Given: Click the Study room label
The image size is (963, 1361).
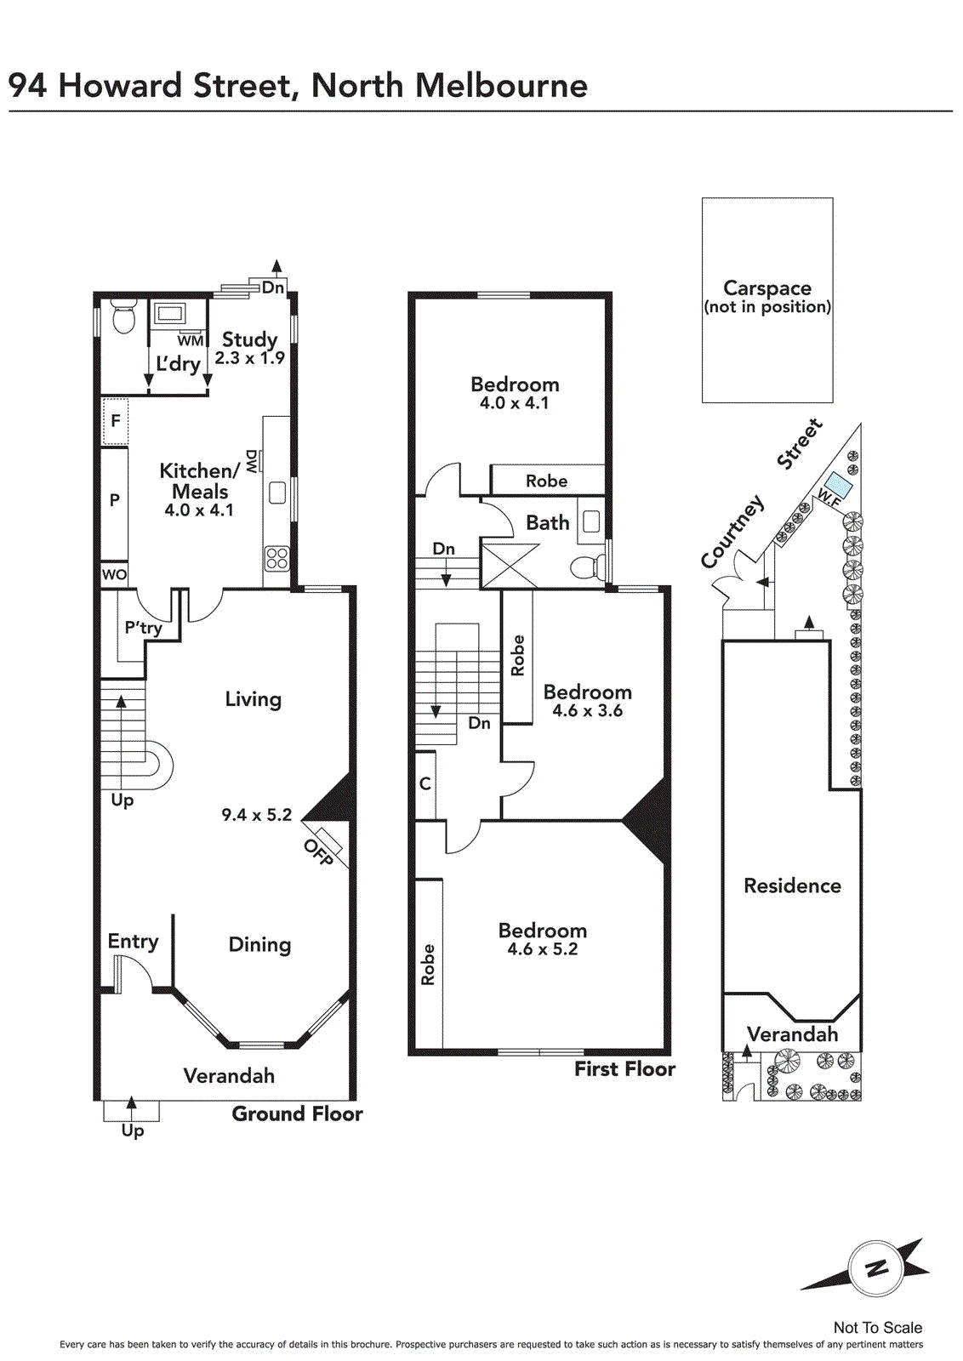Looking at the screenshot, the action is (x=250, y=339).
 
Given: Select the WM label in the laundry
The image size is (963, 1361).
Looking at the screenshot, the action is (x=191, y=341).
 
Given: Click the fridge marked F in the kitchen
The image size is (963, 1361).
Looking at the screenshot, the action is (x=115, y=420).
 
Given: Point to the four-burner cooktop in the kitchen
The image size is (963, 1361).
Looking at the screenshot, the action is (x=277, y=558).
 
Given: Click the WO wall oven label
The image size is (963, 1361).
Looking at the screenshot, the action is (x=114, y=574).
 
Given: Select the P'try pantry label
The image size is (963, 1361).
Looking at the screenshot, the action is (x=144, y=627).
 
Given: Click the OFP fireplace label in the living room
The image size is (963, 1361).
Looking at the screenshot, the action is (x=318, y=851).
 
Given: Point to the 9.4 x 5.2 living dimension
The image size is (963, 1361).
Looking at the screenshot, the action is (x=256, y=815).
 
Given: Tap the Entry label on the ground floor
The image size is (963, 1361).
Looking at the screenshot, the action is (x=133, y=941).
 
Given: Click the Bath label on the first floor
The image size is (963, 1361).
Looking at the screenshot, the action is (x=547, y=522).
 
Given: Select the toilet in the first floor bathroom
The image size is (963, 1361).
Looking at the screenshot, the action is (x=585, y=568).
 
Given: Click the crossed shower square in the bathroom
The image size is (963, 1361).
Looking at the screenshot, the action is (x=509, y=566).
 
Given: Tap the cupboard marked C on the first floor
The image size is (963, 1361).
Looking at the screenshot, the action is (x=425, y=784).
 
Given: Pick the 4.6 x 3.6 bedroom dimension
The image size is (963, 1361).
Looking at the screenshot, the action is (x=588, y=710).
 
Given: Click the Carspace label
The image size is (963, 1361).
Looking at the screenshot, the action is (x=767, y=288).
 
